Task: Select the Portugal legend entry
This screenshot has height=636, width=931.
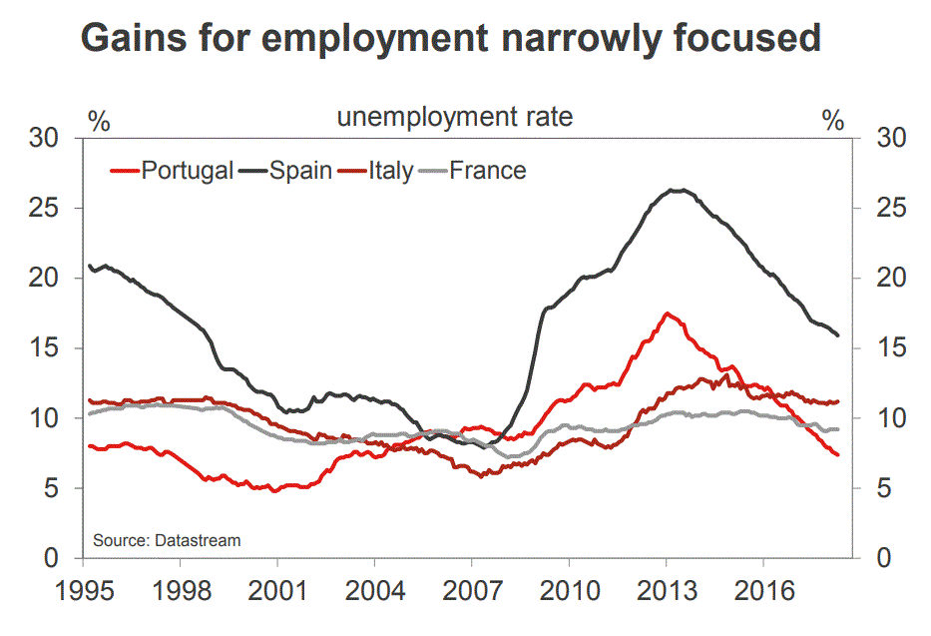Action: coord(187,171)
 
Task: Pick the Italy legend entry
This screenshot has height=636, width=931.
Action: coord(390,171)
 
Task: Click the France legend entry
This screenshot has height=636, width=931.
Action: coord(487,171)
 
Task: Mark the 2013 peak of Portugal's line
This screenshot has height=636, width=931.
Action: coord(668,314)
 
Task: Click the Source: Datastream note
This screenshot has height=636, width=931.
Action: coord(168,540)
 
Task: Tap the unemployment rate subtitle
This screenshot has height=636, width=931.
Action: coord(455,118)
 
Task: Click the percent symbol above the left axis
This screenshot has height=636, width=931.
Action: coord(99,122)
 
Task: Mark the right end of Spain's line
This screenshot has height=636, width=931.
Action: coord(837,335)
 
